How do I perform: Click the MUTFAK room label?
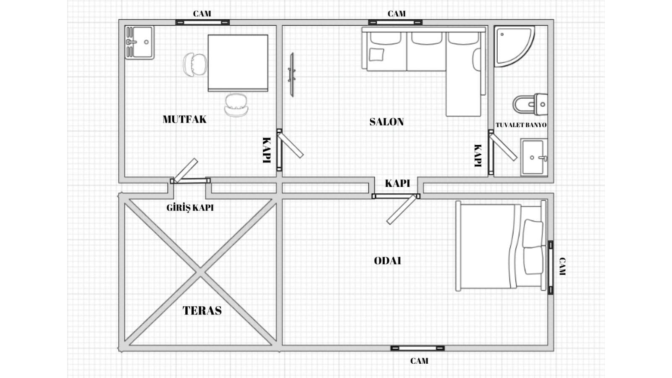184,119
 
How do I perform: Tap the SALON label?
386,122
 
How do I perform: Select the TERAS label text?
202,310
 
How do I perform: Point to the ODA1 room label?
387,261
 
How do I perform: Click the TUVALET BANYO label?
521,125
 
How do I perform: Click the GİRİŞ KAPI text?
190,207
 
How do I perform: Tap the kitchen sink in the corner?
139,42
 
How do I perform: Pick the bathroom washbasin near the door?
533,157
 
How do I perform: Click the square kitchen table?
238,63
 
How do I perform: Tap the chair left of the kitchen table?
194,65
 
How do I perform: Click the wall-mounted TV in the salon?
291,75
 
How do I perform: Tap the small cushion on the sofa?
376,55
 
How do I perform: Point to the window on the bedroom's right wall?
550,268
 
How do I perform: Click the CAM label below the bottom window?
419,361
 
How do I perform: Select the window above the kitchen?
202,22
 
